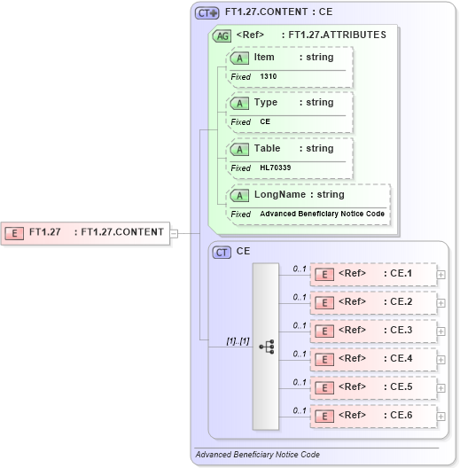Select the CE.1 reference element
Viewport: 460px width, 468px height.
[x=373, y=274]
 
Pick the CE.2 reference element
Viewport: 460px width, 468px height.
[x=373, y=302]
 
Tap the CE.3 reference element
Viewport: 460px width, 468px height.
[x=373, y=331]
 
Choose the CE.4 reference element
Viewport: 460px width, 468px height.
[x=373, y=359]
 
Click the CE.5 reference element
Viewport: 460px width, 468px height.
[x=373, y=387]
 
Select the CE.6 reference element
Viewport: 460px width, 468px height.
[x=373, y=416]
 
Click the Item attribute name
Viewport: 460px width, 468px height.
[x=264, y=58]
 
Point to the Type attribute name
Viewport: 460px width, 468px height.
[x=266, y=103]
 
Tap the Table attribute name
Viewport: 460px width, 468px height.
[x=267, y=149]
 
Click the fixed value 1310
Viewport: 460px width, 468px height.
[x=269, y=77]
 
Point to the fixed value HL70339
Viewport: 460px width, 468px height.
[x=276, y=168]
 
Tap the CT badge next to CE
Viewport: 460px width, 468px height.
[x=222, y=252]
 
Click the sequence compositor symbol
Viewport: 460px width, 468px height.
[x=266, y=346]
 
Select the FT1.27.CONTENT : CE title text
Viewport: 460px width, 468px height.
[x=278, y=12]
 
